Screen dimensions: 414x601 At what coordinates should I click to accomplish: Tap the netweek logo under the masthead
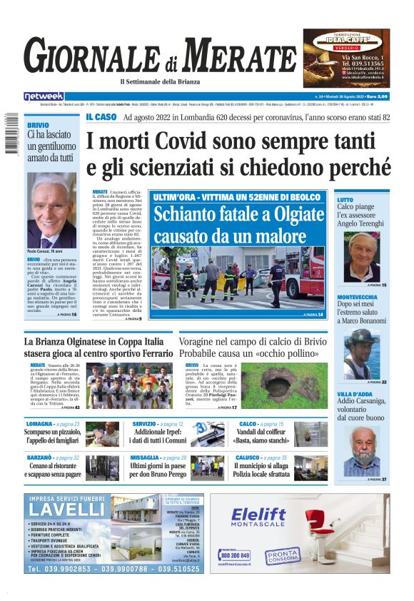(44, 96)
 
